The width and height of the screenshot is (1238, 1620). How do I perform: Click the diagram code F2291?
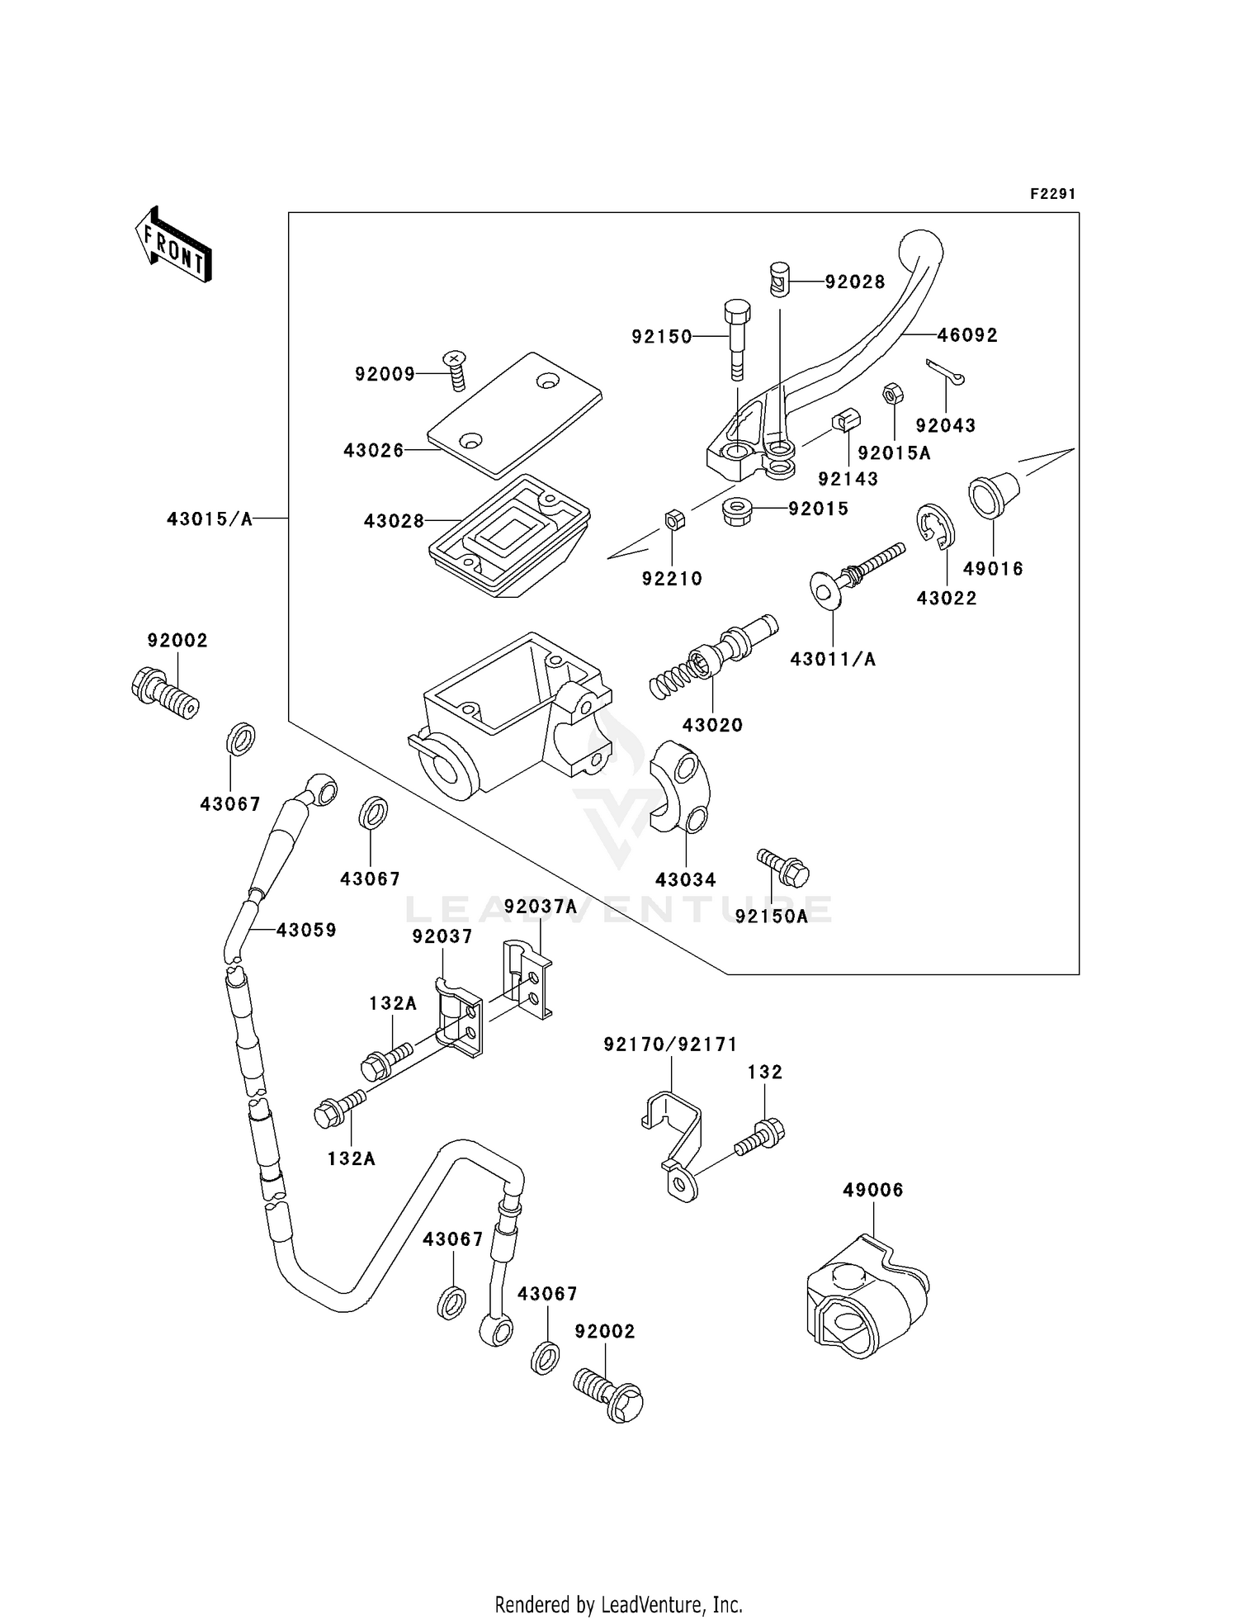pos(1051,195)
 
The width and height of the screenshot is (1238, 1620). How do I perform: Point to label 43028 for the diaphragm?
pos(394,521)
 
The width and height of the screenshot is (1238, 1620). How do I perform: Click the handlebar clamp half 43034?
pos(678,788)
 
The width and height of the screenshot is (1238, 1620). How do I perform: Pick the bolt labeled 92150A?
pos(782,866)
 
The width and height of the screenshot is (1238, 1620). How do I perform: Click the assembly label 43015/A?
pos(210,519)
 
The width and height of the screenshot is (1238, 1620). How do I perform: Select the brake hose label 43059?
pos(306,930)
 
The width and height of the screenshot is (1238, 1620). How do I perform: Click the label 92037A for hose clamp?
pos(541,907)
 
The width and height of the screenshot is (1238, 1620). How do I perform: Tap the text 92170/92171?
pos(670,1044)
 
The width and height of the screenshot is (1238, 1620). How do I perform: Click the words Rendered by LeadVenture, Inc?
pos(618,1604)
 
